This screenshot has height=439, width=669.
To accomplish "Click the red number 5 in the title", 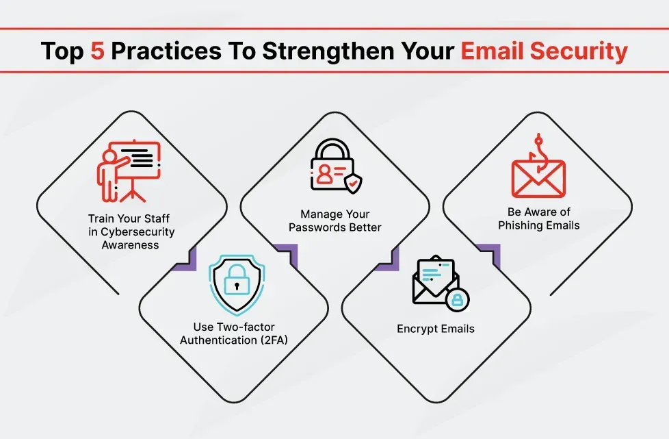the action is point(97,51).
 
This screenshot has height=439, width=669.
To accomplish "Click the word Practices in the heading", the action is point(166,51).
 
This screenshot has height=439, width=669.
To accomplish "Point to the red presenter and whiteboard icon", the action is point(129,171).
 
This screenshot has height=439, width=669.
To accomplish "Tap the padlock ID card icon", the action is point(336,166).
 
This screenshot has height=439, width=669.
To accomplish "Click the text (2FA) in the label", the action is point(274,340).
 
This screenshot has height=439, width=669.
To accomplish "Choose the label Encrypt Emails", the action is point(436,329).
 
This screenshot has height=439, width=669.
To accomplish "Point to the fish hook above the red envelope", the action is point(538,151).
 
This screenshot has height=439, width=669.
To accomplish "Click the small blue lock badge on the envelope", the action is point(458,299).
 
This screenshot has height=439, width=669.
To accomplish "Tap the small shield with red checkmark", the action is point(353,184).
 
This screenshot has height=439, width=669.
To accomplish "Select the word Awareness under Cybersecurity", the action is point(130,245).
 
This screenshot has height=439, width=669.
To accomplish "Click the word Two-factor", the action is point(246,327).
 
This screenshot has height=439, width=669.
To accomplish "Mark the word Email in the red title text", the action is point(492,51).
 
